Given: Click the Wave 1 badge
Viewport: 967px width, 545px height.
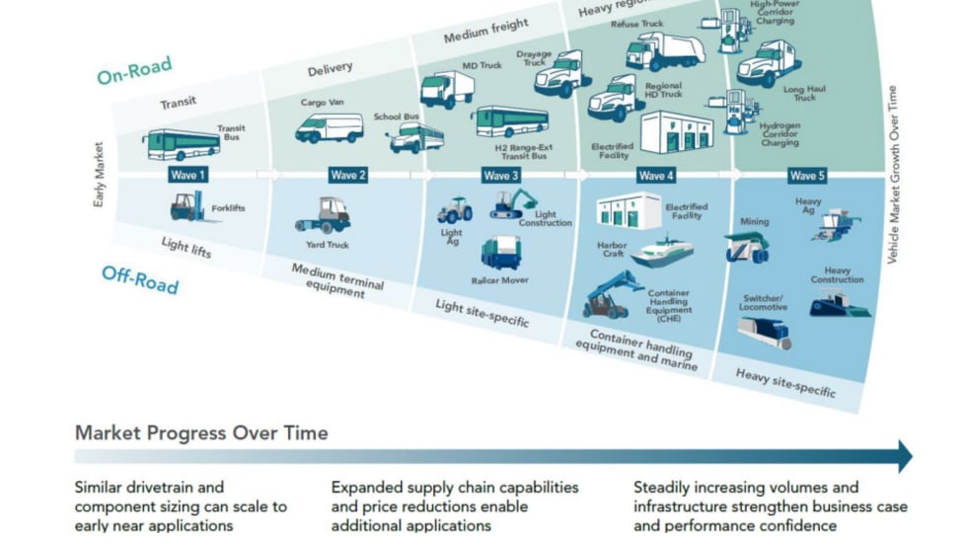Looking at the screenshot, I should click(187, 175).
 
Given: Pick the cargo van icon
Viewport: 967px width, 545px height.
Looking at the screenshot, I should click(330, 127).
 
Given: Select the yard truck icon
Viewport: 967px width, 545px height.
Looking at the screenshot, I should click(324, 215).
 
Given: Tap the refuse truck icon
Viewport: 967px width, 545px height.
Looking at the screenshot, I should click(665, 50).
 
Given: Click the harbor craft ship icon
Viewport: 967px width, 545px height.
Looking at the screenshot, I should click(661, 252).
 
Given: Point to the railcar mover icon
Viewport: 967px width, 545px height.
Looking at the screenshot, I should click(501, 252).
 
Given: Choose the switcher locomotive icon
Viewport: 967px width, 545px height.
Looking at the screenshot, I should click(765, 331).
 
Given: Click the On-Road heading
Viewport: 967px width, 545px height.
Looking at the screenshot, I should click(134, 71).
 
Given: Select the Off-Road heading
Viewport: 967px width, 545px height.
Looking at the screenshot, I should click(140, 279).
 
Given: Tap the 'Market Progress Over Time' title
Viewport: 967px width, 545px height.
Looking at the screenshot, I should click(201, 433).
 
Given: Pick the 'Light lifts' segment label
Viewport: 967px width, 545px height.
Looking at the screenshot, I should click(186, 245).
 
